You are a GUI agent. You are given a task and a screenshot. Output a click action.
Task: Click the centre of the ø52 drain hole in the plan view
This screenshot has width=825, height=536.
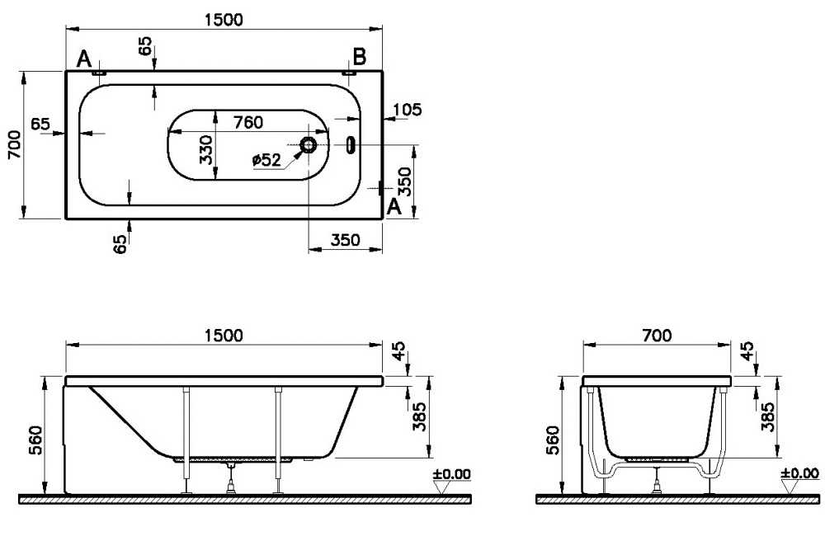click(308, 144)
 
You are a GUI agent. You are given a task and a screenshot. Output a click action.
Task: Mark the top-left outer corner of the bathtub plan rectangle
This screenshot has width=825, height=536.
click(66, 70)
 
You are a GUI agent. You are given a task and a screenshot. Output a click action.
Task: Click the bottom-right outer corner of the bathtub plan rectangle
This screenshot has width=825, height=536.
click(382, 218)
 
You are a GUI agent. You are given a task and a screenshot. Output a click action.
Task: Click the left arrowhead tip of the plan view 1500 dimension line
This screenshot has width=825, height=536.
click(66, 28)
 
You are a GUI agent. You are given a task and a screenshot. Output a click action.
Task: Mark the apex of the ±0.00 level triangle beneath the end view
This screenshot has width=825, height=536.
click(788, 495)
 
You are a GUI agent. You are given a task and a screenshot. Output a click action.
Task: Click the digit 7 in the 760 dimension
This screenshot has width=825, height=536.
click(238, 122)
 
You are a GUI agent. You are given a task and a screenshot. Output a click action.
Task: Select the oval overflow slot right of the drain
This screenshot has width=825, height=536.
click(350, 144)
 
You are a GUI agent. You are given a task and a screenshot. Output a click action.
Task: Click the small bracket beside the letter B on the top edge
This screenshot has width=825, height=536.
click(349, 73)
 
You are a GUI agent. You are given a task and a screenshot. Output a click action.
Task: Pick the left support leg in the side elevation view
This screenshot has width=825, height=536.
click(186, 440)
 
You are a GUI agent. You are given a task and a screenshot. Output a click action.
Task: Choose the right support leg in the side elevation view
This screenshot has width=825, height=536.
click(278, 440)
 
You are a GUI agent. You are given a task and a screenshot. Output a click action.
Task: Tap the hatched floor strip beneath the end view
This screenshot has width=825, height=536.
click(677, 499)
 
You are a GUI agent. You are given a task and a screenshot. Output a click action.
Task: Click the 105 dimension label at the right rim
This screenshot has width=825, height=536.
click(408, 110)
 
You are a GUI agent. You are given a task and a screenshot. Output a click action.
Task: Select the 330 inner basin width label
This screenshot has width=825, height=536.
click(207, 150)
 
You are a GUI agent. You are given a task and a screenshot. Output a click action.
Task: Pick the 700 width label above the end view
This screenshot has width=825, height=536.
click(657, 335)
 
